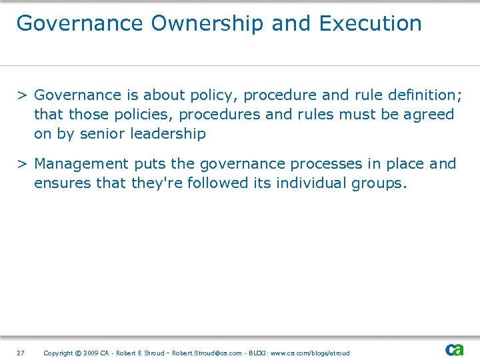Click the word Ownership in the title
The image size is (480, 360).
click(207, 23)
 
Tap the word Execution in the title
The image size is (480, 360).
click(370, 23)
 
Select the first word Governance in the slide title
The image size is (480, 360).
click(80, 23)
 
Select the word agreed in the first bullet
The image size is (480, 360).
click(428, 114)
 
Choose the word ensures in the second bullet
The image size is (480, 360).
click(63, 183)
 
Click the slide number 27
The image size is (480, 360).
click(21, 353)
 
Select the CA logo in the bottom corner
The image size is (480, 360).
click(455, 350)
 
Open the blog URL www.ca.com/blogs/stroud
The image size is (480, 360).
click(309, 353)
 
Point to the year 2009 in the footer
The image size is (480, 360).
click(91, 353)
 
